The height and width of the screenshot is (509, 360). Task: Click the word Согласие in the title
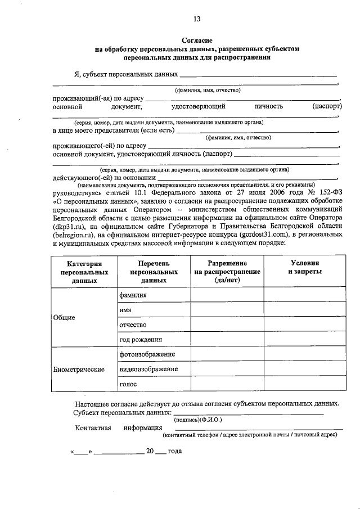click(x=197, y=40)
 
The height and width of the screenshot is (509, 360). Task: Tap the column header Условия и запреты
click(x=304, y=267)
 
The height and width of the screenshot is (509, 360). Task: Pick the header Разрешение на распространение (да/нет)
click(x=227, y=271)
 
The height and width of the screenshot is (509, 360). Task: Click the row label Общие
click(x=64, y=317)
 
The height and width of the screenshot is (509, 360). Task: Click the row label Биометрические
click(x=79, y=370)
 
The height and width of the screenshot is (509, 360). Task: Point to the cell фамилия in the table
click(x=133, y=295)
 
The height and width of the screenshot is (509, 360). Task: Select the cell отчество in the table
click(x=133, y=325)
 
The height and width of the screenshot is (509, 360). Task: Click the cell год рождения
click(x=141, y=340)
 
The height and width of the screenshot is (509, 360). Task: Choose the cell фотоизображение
click(x=147, y=354)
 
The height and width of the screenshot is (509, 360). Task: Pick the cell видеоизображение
click(x=148, y=369)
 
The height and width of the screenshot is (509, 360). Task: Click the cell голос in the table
click(x=128, y=384)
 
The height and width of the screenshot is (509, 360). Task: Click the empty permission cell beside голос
click(x=227, y=384)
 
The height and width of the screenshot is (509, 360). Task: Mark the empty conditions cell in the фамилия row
click(x=304, y=295)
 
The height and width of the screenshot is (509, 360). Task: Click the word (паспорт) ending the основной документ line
click(x=327, y=106)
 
